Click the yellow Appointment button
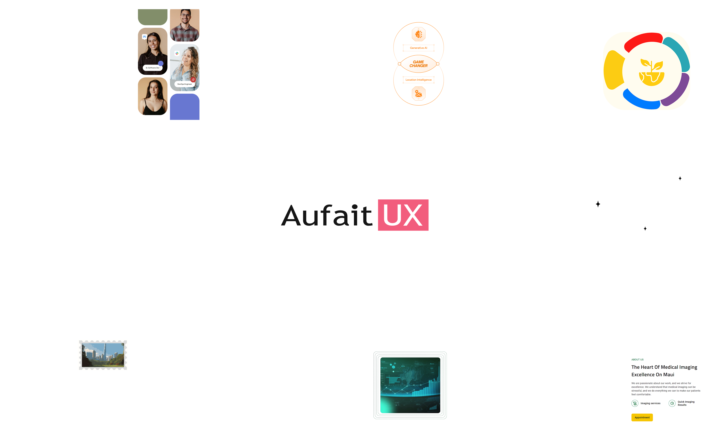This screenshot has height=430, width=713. pos(642,417)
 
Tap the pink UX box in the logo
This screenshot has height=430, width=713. pos(403,215)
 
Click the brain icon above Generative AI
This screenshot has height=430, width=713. pos(418,34)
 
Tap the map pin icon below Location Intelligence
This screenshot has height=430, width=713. pos(418,93)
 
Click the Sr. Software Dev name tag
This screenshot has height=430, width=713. pos(152,68)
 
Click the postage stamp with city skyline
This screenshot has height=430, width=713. pos(103,355)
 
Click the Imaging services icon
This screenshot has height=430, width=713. pos(635,403)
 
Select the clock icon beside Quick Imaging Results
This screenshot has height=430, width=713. pos(672,403)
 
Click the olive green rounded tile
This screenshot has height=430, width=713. pos(152,17)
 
